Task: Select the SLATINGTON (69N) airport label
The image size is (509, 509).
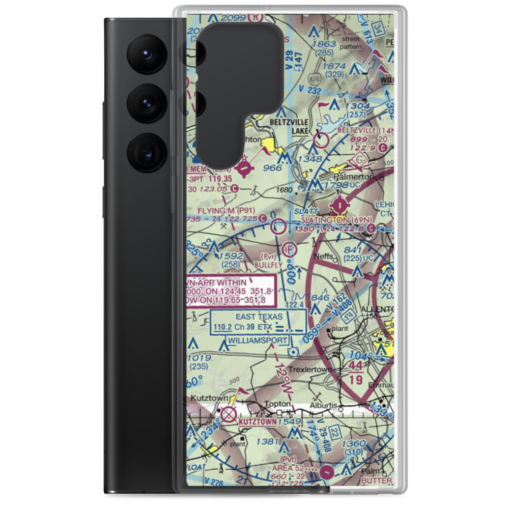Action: tap(337, 219)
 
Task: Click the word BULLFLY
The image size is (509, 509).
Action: tap(267, 265)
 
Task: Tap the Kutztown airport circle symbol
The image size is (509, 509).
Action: tap(229, 411)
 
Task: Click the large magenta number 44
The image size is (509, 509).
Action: tap(357, 366)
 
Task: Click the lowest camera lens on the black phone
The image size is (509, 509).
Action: tap(148, 152)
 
